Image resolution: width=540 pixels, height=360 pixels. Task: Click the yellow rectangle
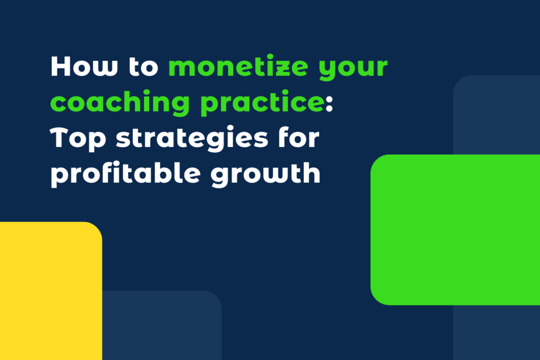[x=50, y=290]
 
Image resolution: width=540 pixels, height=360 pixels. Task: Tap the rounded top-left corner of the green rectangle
[x=375, y=159]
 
